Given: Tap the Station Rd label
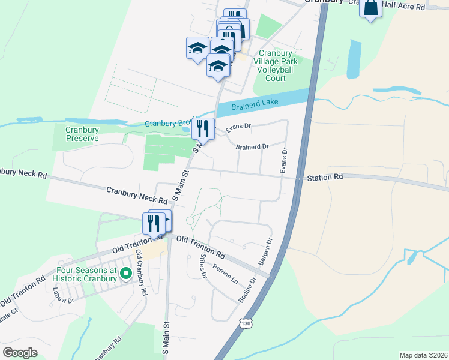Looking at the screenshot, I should click(x=324, y=178).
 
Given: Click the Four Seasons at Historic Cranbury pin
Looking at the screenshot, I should click(x=125, y=274).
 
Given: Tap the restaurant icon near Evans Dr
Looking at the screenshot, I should click(x=203, y=128).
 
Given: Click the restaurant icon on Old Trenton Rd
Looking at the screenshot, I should click(x=153, y=223).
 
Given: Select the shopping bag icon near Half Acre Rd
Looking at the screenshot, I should click(x=370, y=8).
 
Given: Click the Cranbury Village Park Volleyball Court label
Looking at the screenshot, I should click(x=276, y=65).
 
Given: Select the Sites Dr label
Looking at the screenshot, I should click(x=203, y=266).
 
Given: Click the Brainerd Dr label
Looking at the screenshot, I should click(x=252, y=146).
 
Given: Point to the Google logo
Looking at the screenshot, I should click(x=20, y=352).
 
